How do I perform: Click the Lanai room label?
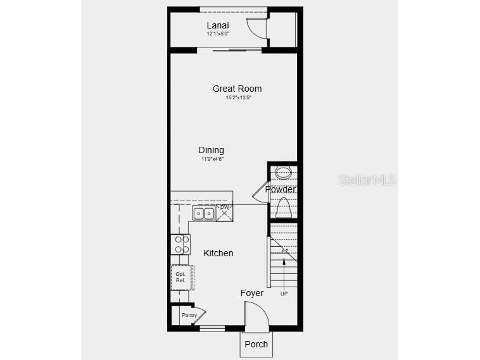tap(217, 25)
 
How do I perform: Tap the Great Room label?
tap(237, 89)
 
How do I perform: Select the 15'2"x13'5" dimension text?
tap(237, 98)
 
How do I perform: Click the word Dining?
tap(212, 150)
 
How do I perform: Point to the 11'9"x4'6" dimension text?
tap(212, 159)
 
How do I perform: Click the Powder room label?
tap(280, 189)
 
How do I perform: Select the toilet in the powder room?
tap(283, 207)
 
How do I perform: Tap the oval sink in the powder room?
tap(283, 172)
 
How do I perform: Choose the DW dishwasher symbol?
tap(224, 212)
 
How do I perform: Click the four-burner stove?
tap(180, 244)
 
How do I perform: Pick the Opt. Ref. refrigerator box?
tap(181, 277)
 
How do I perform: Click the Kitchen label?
tap(218, 253)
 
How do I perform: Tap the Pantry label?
tap(189, 315)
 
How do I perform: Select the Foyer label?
tap(252, 293)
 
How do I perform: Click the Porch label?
tap(256, 344)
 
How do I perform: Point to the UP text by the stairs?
tap(284, 293)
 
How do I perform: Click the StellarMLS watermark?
tap(367, 180)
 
